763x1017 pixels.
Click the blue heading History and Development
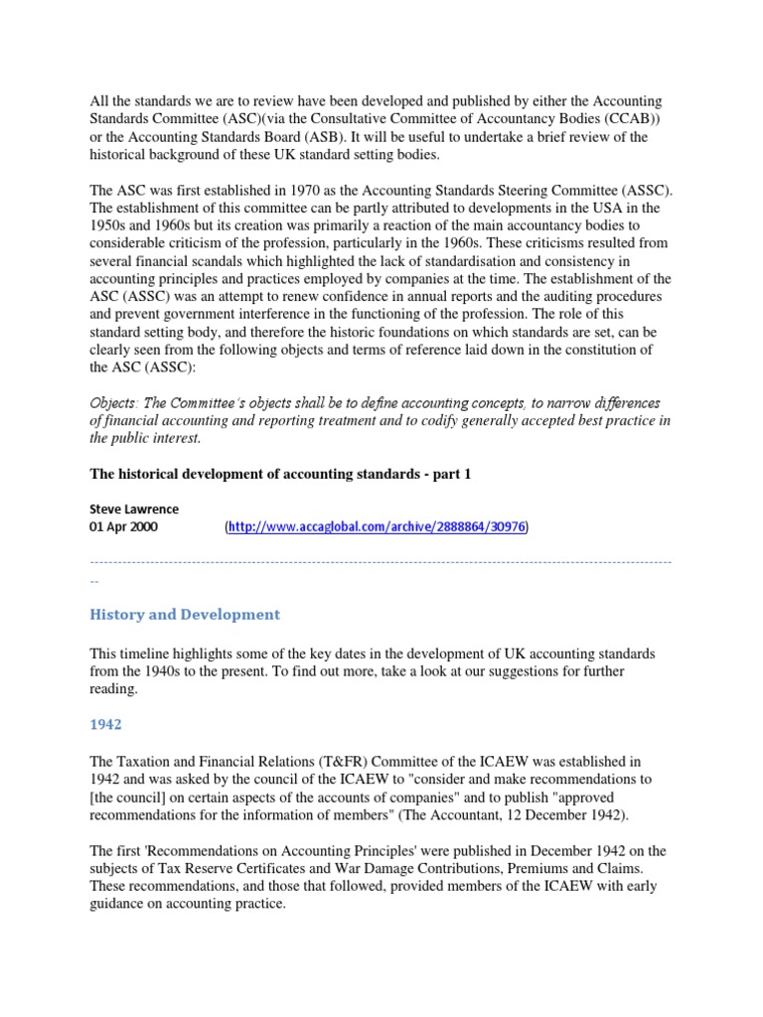coord(186,615)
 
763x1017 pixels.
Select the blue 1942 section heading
coord(106,725)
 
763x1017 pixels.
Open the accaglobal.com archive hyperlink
coord(378,527)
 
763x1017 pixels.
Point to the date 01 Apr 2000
coord(123,527)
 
